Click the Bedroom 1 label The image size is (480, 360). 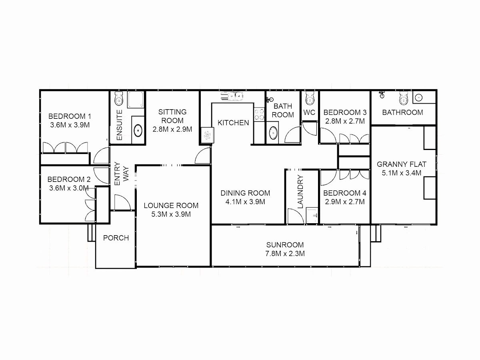click(70, 116)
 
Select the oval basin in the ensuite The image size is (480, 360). click(138, 130)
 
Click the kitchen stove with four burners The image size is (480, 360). click(259, 114)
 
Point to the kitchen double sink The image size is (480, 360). click(232, 96)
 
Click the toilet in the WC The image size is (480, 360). click(310, 98)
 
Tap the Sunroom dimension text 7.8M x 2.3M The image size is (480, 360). click(285, 254)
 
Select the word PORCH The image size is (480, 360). click(116, 238)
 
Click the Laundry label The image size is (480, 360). click(300, 192)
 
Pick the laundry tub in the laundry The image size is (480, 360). click(312, 215)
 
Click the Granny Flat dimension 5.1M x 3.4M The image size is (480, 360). click(402, 173)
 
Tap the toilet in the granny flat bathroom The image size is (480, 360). click(404, 98)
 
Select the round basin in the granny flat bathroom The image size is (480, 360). click(419, 98)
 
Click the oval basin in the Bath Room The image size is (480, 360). click(273, 133)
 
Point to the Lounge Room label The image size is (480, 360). click(171, 206)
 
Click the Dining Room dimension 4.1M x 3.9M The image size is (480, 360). click(245, 202)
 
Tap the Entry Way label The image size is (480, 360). click(122, 174)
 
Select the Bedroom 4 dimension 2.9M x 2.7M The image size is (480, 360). click(345, 202)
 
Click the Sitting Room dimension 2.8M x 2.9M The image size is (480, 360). click(172, 129)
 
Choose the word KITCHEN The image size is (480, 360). click(233, 123)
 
